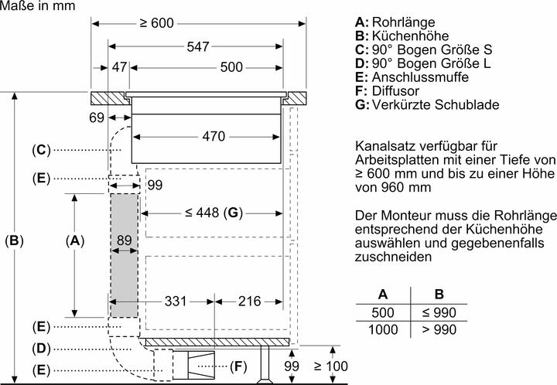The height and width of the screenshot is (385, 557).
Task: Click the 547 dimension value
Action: pos(198,47)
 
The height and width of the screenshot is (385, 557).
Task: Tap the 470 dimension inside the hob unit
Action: pos(208,137)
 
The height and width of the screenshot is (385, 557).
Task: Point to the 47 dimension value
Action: pos(118,67)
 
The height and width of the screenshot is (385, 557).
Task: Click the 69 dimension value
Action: pos(96,118)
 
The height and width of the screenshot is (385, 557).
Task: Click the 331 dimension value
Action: pos(176,301)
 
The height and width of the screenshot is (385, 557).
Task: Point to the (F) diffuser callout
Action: pos(239,365)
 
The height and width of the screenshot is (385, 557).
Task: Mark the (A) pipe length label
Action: pos(74,241)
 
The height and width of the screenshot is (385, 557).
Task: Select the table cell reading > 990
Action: pos(439,330)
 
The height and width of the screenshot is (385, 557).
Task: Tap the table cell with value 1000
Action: pos(382,330)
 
